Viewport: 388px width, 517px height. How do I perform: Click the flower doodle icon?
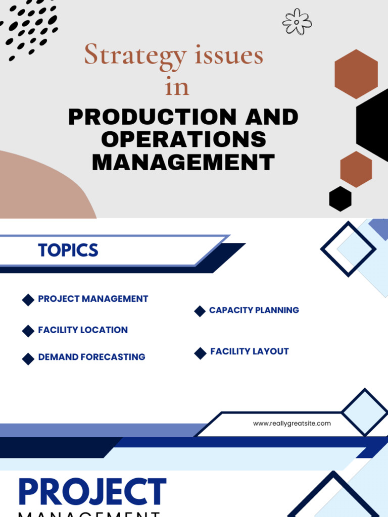[x=297, y=22]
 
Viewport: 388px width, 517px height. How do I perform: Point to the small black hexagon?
[x=340, y=199]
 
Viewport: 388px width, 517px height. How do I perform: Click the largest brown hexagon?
[x=356, y=74]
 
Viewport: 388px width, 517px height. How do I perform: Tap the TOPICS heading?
[x=68, y=250]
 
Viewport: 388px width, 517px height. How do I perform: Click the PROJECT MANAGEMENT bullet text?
[x=93, y=299]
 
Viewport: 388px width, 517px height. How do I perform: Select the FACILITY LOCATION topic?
[x=83, y=330]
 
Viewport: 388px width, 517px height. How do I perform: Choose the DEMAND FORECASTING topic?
[x=91, y=357]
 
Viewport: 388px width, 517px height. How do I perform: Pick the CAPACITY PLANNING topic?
[x=254, y=310]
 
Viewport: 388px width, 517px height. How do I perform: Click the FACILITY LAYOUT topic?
[x=250, y=351]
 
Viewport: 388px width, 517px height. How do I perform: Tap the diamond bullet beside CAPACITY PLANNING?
[x=200, y=311]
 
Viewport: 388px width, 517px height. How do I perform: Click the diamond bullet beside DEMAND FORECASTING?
[x=28, y=358]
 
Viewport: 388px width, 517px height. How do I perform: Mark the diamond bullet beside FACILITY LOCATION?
[x=28, y=331]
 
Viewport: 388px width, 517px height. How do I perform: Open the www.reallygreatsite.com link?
[x=292, y=424]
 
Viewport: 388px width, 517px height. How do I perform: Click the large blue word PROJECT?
[x=92, y=492]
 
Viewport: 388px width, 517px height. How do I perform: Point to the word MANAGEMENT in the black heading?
[x=183, y=163]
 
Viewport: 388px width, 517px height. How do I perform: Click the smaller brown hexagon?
[x=356, y=169]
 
